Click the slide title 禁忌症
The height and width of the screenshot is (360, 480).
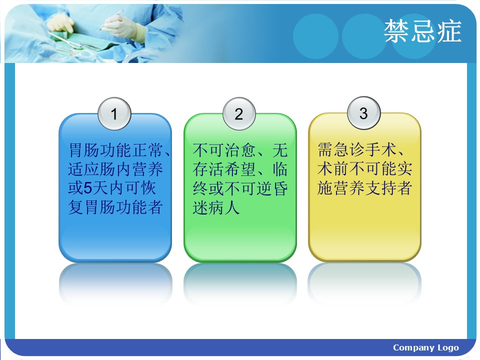[x=422, y=31]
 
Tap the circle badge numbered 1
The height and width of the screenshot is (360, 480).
[x=114, y=114]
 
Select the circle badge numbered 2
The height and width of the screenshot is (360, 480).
[x=239, y=114]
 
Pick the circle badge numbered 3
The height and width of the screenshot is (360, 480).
[x=363, y=113]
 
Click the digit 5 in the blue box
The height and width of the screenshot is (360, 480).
[x=88, y=188]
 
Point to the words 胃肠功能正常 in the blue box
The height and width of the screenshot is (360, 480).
[x=115, y=150]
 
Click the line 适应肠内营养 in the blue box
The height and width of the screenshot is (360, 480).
[x=115, y=169]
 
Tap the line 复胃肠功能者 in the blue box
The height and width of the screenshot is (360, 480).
[x=115, y=207]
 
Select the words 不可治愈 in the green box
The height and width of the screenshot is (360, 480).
[x=224, y=150]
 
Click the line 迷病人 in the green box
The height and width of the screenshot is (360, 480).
[x=216, y=207]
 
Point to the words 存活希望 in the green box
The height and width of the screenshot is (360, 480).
[x=224, y=169]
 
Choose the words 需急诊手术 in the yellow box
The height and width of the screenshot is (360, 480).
[x=357, y=149]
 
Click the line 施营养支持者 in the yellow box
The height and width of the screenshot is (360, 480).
[x=364, y=187]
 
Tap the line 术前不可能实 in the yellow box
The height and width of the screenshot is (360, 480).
[x=364, y=168]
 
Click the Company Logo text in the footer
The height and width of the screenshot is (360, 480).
[x=426, y=347]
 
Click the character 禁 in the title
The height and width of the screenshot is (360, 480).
[x=396, y=31]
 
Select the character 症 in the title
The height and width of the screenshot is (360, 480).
[x=449, y=31]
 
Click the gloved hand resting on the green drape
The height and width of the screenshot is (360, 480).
[x=60, y=24]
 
